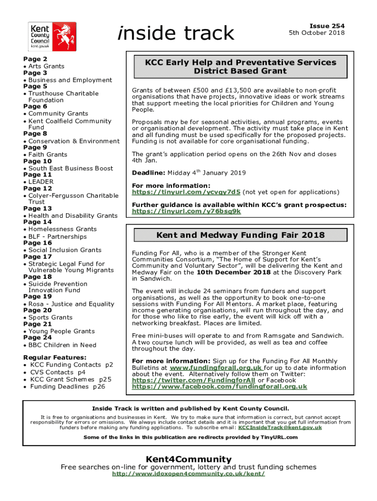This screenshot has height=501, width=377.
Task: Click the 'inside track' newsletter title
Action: [176, 33]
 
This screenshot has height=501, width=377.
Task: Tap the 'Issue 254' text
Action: [324, 26]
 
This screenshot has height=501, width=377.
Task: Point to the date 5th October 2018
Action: [317, 33]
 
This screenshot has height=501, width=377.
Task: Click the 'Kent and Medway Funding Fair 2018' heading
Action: [240, 235]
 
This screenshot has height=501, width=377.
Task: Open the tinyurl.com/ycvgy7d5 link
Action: [186, 192]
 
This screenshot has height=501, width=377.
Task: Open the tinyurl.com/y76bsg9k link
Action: [187, 211]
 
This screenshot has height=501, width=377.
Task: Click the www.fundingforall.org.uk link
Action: [216, 368]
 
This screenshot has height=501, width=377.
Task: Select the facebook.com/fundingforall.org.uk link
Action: [219, 387]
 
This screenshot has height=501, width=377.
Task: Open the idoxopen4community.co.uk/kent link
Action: [188, 474]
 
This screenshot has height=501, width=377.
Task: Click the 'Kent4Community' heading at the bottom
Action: [188, 459]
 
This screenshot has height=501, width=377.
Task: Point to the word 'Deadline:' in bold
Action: [149, 173]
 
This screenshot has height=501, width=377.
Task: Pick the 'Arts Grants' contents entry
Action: [46, 66]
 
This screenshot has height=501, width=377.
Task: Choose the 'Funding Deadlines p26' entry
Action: [68, 387]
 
